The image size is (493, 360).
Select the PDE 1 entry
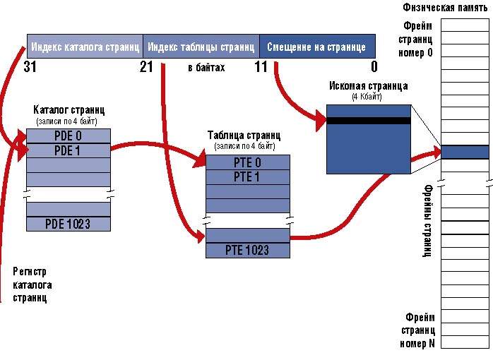(69, 150)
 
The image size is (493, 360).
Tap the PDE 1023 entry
(69, 224)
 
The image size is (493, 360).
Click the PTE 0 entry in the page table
(246, 162)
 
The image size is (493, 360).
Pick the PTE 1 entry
(246, 176)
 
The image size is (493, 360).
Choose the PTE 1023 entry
(246, 250)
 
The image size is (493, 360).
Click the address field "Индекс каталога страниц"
(85, 47)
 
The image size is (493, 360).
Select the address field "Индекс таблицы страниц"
(201, 47)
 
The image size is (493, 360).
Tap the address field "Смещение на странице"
(316, 47)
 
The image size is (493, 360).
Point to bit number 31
(30, 67)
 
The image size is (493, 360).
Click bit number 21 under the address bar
(146, 67)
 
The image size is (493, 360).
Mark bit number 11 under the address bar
(261, 67)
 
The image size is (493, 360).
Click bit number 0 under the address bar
(374, 67)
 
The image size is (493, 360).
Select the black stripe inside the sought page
(368, 121)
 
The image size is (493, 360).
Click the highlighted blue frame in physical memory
(465, 152)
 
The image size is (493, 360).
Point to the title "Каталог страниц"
(69, 110)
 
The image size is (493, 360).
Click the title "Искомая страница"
(368, 86)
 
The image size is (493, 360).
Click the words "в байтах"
(206, 68)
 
